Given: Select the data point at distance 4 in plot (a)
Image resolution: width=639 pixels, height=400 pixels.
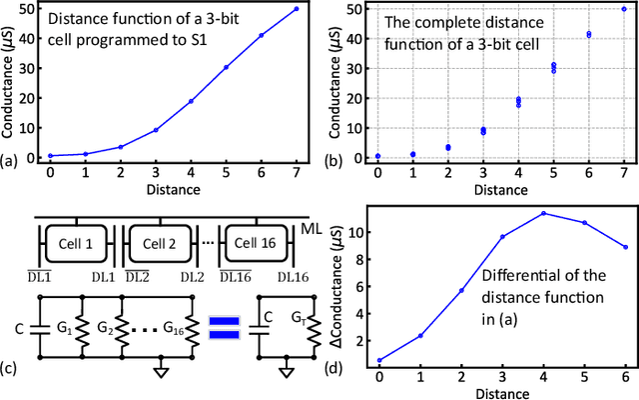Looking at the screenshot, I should coord(191,101).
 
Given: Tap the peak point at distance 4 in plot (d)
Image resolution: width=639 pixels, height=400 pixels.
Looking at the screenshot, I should coord(543,213).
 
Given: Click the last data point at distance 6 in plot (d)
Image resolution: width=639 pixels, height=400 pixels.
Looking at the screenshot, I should coord(624,247).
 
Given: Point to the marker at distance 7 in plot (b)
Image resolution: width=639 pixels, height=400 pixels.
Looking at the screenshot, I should coord(624,9).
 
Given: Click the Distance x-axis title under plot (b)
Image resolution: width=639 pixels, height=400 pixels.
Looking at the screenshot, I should coord(500,187).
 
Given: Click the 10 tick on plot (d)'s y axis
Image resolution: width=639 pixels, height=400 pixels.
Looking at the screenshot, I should coord(358,232).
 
